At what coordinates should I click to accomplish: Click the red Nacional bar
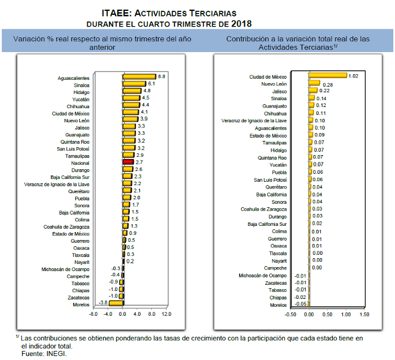pos(128,162)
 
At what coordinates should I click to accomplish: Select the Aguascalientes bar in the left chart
pos(139,77)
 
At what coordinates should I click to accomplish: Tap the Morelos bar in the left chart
pos(116,303)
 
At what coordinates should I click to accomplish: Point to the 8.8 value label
pos(162,76)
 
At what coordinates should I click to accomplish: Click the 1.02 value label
pos(354,76)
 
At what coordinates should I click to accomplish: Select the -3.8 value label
pos(103,303)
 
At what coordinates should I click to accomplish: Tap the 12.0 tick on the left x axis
pos(166,314)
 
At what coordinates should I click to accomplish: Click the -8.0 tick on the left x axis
pos(94,314)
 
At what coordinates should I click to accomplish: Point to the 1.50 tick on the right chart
pos(364,314)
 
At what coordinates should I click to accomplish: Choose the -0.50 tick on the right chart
pos(291,314)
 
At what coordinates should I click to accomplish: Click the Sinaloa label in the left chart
pos(81,84)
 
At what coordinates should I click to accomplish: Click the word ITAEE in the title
pos(118,12)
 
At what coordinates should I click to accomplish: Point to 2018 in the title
pos(241,24)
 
